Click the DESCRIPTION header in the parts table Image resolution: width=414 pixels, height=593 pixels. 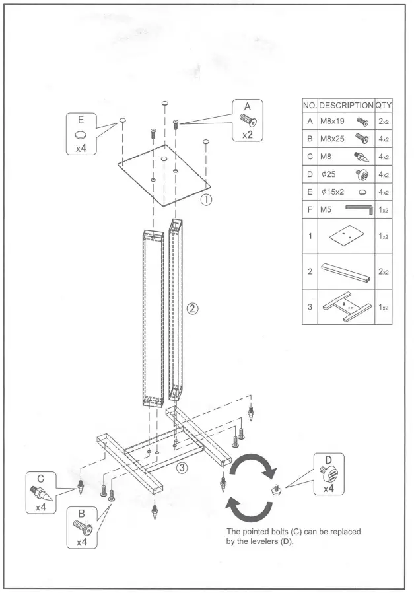click(x=346, y=105)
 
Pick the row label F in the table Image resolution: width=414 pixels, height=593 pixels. click(x=310, y=210)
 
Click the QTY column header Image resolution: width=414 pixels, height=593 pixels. click(x=384, y=105)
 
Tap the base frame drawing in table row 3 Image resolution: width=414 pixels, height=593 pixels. click(x=346, y=307)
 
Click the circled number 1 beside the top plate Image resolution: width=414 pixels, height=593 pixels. click(x=207, y=199)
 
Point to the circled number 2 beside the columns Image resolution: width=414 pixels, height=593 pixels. click(x=192, y=308)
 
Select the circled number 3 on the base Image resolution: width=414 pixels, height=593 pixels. click(x=183, y=468)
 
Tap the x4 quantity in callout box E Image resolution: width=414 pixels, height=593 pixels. click(x=81, y=148)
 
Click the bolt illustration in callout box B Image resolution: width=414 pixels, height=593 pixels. click(x=81, y=527)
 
